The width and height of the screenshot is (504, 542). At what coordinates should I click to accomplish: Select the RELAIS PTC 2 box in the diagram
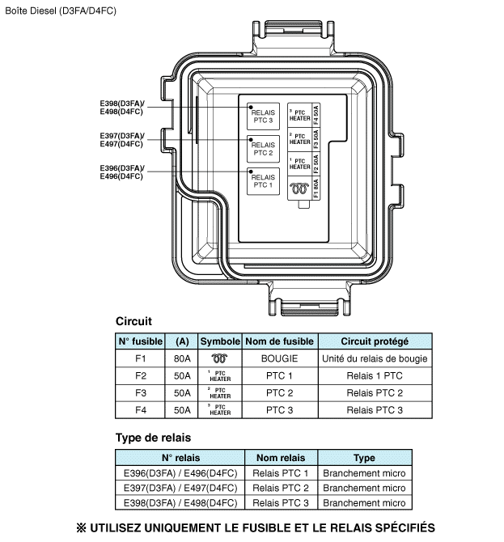pyautogui.click(x=263, y=149)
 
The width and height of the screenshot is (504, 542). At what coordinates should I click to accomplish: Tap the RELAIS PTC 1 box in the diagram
pyautogui.click(x=263, y=180)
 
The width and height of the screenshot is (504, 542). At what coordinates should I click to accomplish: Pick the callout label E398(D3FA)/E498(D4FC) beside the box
pyautogui.click(x=121, y=108)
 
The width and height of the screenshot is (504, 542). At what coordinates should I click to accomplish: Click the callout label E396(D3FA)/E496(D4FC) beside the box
pyautogui.click(x=121, y=172)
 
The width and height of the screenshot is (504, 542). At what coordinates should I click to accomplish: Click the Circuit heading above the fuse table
pyautogui.click(x=133, y=321)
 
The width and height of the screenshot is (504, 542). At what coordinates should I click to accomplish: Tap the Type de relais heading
pyautogui.click(x=153, y=438)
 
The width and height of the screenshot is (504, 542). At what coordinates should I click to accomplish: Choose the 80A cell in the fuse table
pyautogui.click(x=182, y=358)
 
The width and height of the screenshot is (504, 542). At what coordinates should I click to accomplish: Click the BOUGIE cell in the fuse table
pyautogui.click(x=280, y=358)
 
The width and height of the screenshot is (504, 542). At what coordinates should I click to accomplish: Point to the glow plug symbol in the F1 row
pyautogui.click(x=220, y=358)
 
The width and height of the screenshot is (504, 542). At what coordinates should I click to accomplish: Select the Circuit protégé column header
pyautogui.click(x=375, y=341)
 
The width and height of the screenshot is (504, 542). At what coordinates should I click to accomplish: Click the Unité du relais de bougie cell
pyautogui.click(x=375, y=358)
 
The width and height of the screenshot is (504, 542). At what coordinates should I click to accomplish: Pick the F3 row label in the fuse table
pyautogui.click(x=141, y=393)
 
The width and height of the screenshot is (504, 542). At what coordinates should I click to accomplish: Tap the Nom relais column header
pyautogui.click(x=280, y=458)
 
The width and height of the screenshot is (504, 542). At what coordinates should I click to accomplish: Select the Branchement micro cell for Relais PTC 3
pyautogui.click(x=364, y=503)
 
